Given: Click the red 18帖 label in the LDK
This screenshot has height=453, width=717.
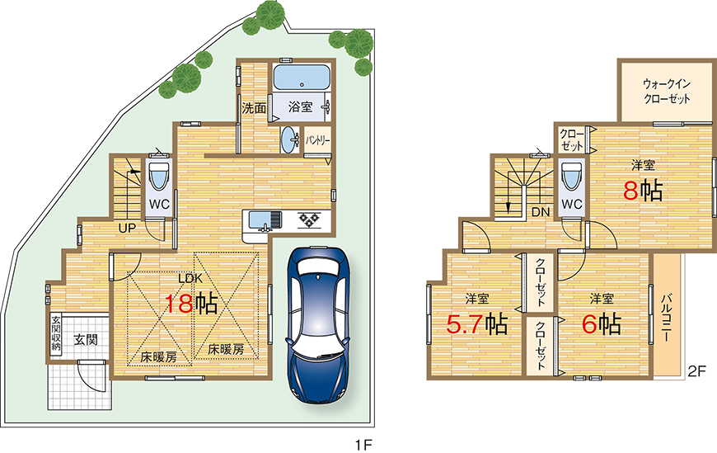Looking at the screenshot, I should (x=190, y=304).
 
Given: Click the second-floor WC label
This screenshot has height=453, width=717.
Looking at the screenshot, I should (x=572, y=204).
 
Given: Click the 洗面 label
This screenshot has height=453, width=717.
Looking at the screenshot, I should (x=254, y=107).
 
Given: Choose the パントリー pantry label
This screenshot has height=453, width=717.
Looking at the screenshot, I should (x=318, y=141).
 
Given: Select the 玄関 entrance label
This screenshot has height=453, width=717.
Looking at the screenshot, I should (x=85, y=340).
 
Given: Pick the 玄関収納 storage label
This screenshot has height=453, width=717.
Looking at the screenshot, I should (x=56, y=334).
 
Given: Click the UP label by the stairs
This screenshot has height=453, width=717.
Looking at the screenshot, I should (x=127, y=227).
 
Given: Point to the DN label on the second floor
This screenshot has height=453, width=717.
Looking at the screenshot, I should (x=541, y=211).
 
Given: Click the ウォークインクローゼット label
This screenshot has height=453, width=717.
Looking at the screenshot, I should (x=667, y=91).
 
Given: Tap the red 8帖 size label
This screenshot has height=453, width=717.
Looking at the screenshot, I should (x=642, y=191).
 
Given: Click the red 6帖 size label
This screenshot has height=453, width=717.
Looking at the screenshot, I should (x=601, y=323).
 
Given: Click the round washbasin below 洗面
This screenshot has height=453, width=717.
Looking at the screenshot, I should (x=289, y=139).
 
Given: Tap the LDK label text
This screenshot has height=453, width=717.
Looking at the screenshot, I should (x=191, y=278).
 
